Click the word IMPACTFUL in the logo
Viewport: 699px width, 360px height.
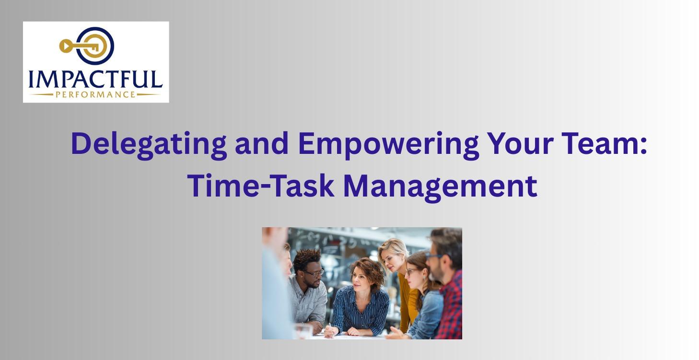pos(95,79)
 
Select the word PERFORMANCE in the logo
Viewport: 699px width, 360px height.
pos(95,94)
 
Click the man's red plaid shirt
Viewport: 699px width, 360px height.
pos(451,307)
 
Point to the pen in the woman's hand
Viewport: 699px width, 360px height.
pos(329,326)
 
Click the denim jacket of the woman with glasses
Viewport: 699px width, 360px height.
pos(427,312)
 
